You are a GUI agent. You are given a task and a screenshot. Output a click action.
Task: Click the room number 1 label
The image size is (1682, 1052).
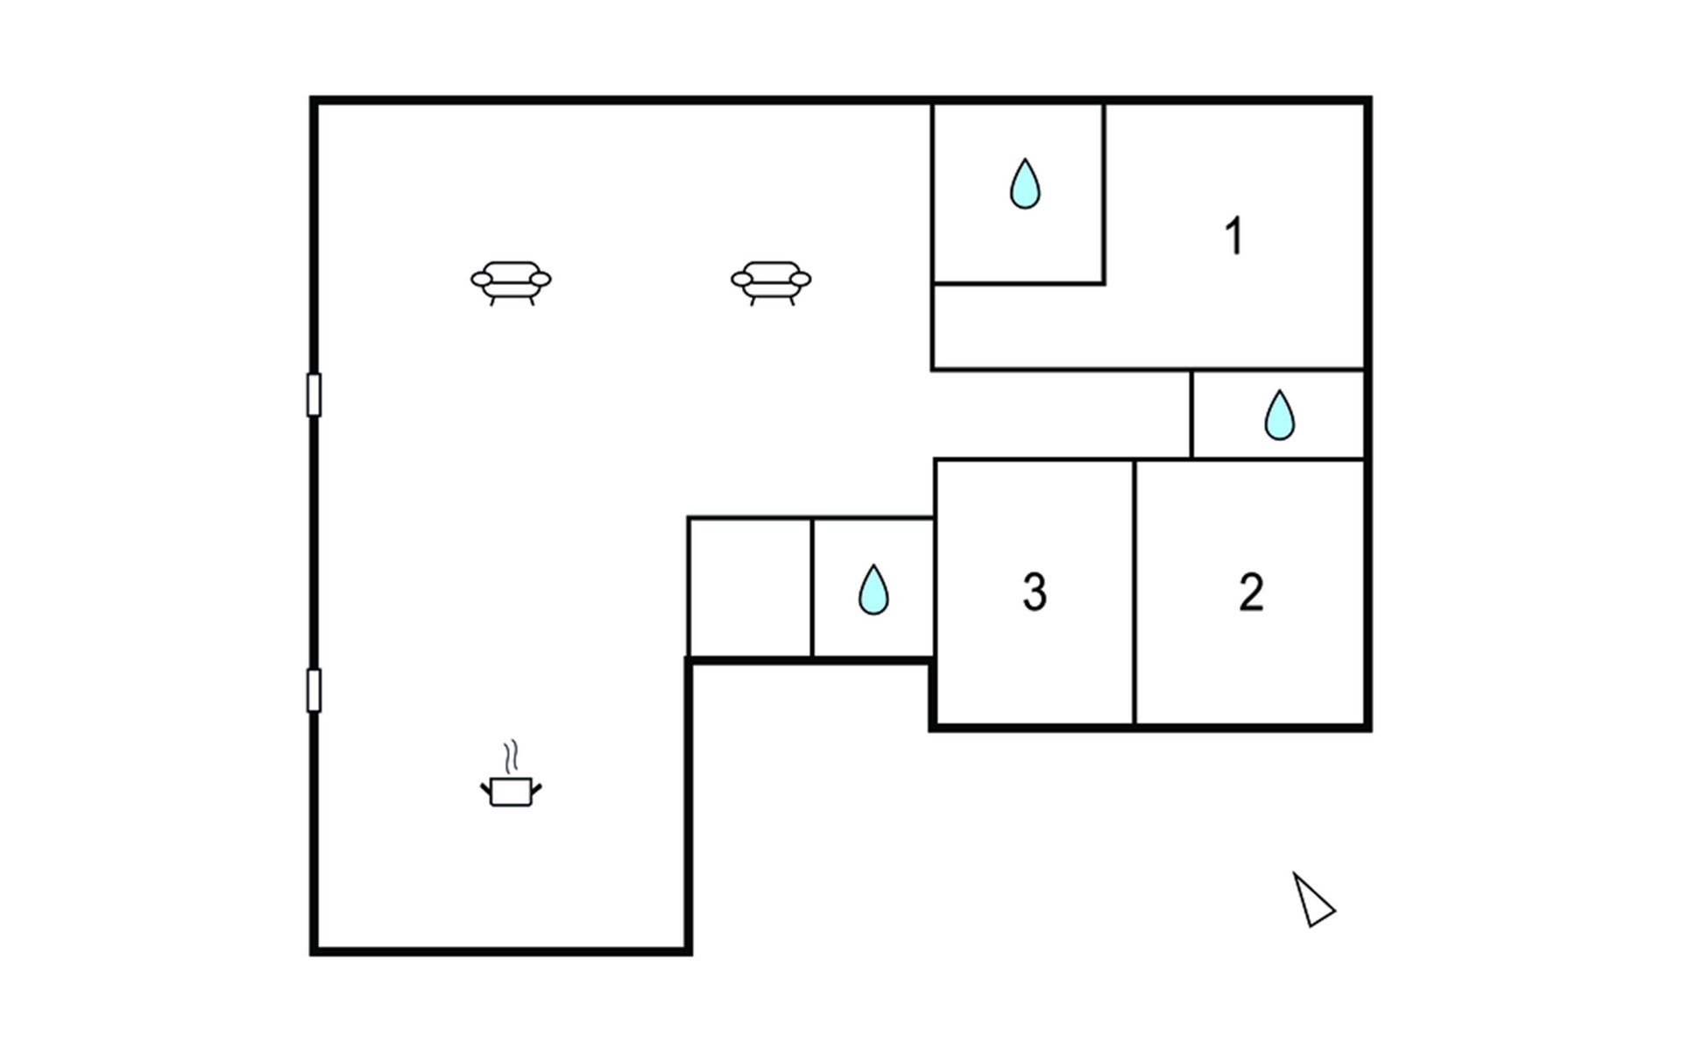click(1234, 236)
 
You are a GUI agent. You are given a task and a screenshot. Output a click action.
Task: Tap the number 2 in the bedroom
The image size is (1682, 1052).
click(1251, 592)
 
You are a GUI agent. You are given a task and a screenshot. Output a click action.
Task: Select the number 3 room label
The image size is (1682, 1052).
click(1035, 592)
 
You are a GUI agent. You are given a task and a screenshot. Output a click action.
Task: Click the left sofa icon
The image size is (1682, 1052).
click(511, 281)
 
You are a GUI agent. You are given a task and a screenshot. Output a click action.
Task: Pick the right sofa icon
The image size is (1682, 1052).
click(771, 281)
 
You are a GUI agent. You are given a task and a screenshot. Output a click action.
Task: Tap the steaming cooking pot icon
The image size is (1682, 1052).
click(511, 790)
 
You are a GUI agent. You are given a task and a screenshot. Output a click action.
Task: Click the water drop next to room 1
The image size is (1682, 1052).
click(1025, 184)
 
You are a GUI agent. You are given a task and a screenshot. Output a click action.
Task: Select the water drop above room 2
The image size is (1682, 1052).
click(1279, 416)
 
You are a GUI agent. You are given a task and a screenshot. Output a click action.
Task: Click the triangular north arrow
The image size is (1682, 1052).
click(1312, 900)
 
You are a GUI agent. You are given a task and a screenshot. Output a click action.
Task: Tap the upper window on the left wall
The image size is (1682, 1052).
click(314, 394)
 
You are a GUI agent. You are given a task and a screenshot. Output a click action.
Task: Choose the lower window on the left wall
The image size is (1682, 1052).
click(314, 690)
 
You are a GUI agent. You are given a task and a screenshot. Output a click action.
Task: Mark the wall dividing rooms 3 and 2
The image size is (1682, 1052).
click(1134, 592)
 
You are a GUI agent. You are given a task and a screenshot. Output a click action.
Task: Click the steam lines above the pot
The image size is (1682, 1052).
click(512, 756)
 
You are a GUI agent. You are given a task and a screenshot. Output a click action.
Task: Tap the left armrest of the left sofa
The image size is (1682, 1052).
click(481, 280)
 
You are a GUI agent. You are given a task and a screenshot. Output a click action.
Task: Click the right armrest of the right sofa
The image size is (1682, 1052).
click(801, 280)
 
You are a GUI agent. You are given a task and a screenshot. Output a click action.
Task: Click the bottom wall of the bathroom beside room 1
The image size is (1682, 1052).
click(1018, 283)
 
